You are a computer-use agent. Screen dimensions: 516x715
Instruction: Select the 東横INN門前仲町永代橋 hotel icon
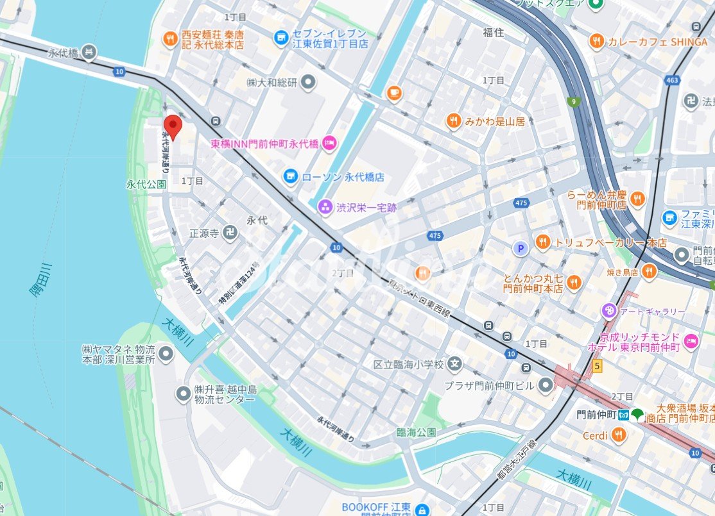329,142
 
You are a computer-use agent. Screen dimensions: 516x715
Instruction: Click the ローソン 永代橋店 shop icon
291,176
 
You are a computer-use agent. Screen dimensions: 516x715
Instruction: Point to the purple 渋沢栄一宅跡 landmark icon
325,207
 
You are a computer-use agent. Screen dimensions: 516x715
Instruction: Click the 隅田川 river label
42,280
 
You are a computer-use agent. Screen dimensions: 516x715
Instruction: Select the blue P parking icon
521,248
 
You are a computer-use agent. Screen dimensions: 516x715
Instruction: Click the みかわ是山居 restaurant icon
454,121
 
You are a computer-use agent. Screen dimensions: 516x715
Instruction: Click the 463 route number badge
672,81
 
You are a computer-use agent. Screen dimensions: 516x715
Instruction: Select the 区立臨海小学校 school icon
455,364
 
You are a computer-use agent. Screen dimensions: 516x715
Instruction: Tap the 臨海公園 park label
411,433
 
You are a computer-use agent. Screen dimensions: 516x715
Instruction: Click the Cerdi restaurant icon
619,436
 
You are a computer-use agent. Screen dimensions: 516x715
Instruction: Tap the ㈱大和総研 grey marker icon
309,82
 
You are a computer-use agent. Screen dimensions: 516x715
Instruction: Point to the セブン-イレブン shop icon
281,38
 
